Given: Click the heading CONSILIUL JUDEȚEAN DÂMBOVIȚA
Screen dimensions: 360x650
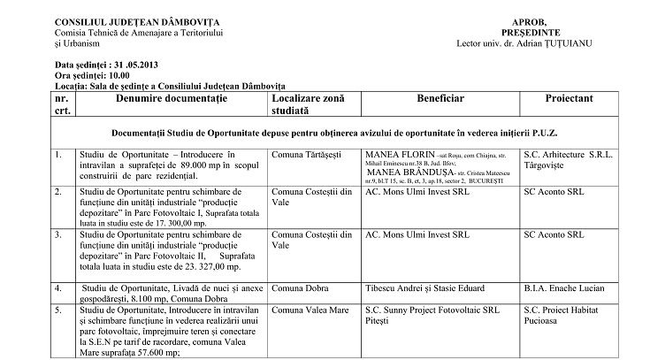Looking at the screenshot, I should click(139, 20).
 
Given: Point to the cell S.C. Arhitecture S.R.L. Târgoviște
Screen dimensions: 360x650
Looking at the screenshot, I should click(576, 161).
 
